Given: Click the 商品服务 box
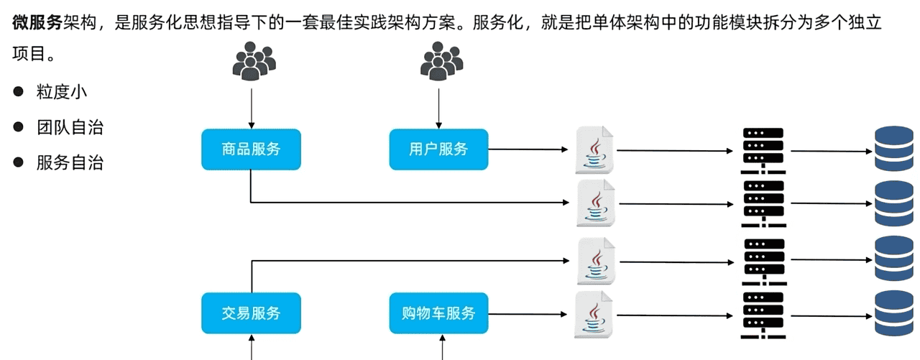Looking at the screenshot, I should pyautogui.click(x=251, y=149).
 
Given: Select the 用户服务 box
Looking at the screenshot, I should pyautogui.click(x=438, y=149).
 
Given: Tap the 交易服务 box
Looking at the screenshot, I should pyautogui.click(x=251, y=313).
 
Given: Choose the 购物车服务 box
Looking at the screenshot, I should pyautogui.click(x=438, y=313).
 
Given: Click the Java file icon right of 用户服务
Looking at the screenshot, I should pyautogui.click(x=595, y=150).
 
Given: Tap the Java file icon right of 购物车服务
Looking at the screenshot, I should pyautogui.click(x=595, y=315).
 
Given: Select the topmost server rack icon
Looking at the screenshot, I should pyautogui.click(x=763, y=150).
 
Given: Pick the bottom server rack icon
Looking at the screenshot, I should pyautogui.click(x=763, y=315).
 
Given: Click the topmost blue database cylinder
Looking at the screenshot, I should pyautogui.click(x=893, y=149).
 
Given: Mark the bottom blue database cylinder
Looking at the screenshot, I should pyautogui.click(x=893, y=313).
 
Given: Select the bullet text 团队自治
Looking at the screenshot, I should pyautogui.click(x=70, y=128).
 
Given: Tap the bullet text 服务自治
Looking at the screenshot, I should pyautogui.click(x=70, y=163).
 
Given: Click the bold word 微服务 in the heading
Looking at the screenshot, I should pyautogui.click(x=37, y=22).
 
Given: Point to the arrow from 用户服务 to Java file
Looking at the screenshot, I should pyautogui.click(x=528, y=150).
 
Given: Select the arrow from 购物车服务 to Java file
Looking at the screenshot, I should pyautogui.click(x=528, y=314).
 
